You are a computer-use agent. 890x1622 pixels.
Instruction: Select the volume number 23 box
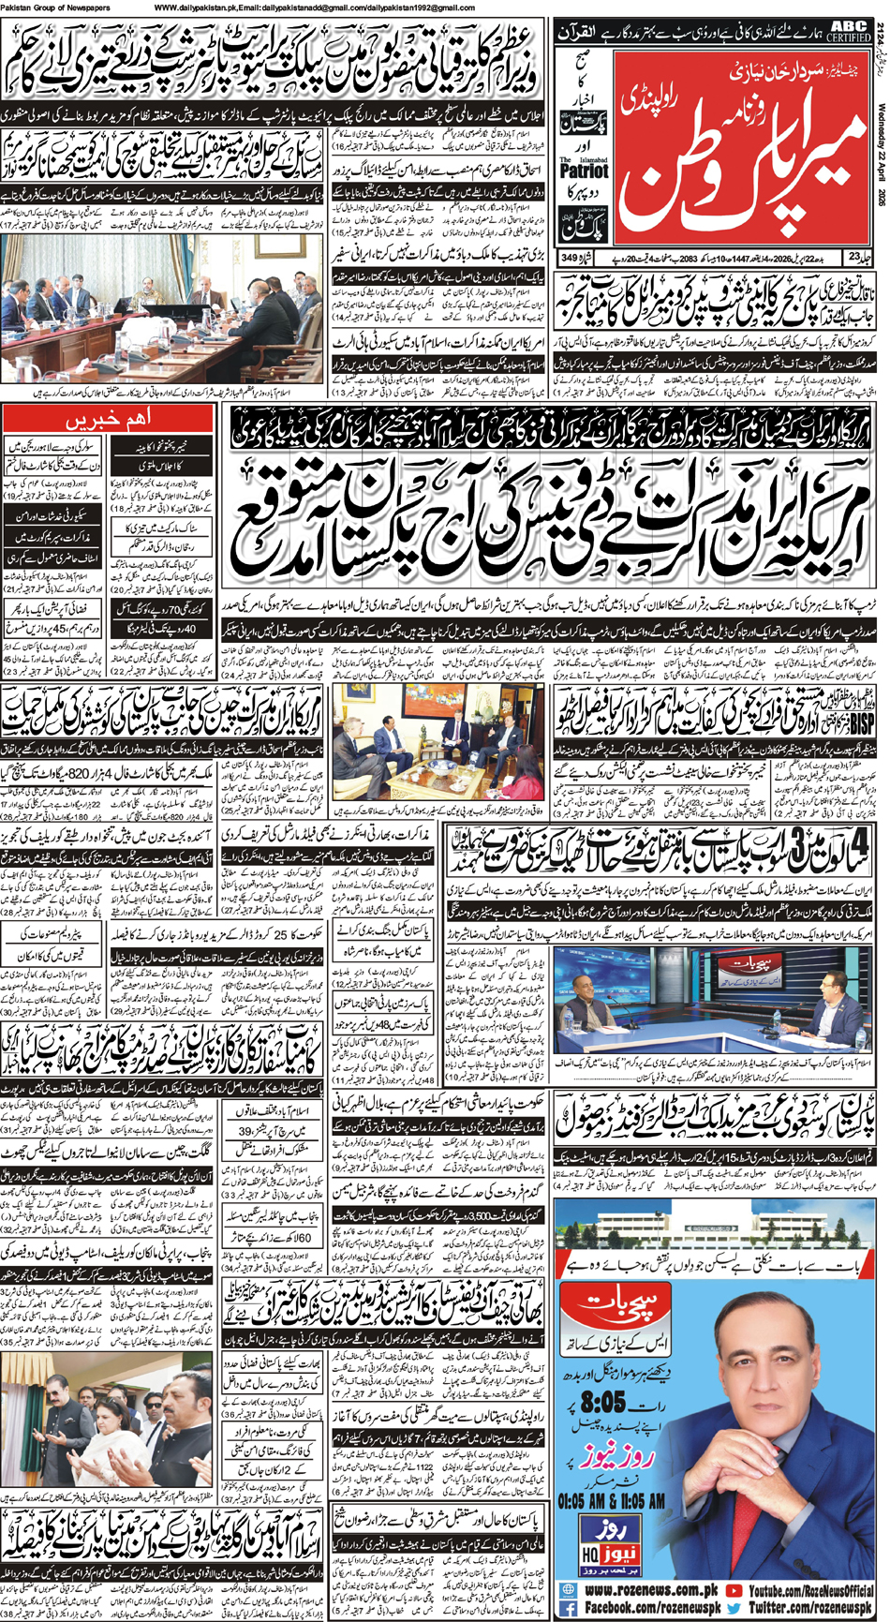pos(855,256)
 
